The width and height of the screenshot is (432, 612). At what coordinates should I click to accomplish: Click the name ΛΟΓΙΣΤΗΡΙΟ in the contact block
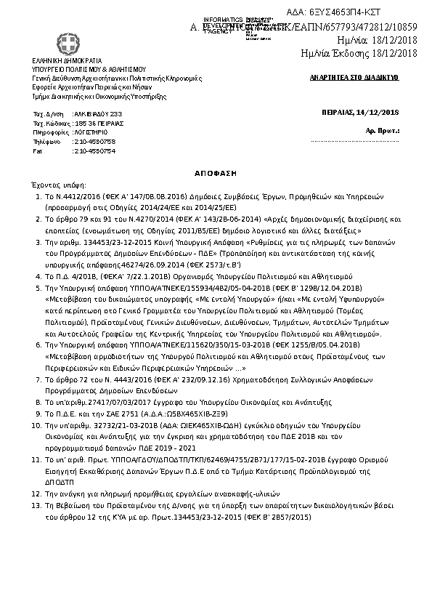[91, 133]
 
